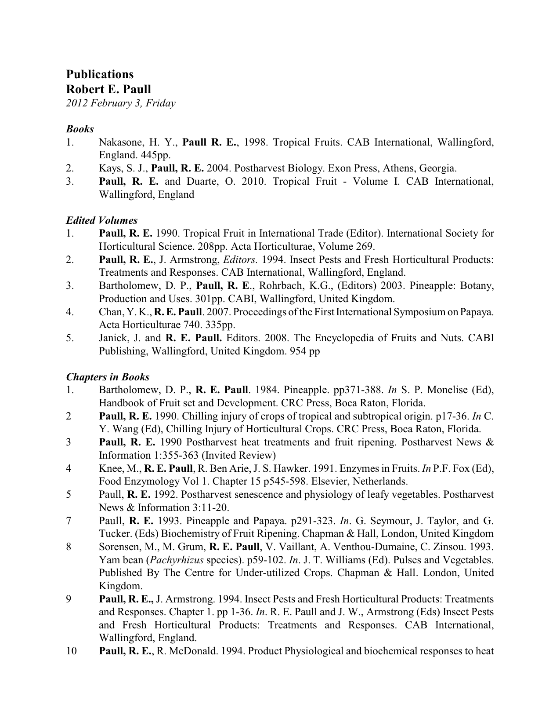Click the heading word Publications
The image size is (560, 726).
[x=100, y=74]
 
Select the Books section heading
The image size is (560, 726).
[x=80, y=129]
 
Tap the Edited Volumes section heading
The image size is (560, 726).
[x=101, y=220]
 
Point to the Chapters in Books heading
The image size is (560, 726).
[x=108, y=377]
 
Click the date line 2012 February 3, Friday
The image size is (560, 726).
[x=121, y=103]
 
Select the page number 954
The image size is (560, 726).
[x=298, y=351]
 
